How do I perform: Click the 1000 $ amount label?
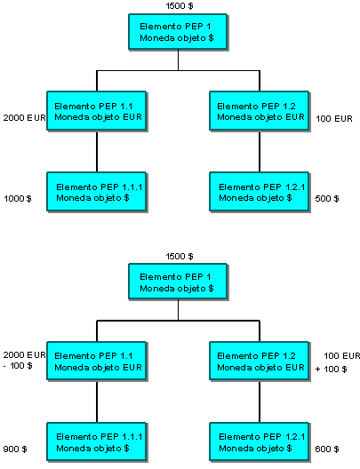(x=18, y=199)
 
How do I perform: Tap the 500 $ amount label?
(x=327, y=199)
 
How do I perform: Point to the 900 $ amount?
(x=15, y=449)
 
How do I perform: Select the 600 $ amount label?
(x=327, y=449)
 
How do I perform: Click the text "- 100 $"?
(x=18, y=365)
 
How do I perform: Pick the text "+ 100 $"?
(x=332, y=370)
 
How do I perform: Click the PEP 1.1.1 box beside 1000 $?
(x=97, y=192)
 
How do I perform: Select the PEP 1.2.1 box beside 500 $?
(x=260, y=192)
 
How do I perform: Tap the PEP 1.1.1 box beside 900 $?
(x=97, y=441)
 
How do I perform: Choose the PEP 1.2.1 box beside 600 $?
(x=260, y=441)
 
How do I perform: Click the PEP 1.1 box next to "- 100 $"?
(x=97, y=361)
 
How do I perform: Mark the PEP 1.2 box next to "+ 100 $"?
(x=260, y=361)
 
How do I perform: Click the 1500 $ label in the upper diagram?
(x=180, y=5)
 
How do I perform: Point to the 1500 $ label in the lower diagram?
(x=180, y=257)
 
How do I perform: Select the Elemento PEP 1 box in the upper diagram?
(x=178, y=32)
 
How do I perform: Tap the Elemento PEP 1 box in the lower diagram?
(x=178, y=282)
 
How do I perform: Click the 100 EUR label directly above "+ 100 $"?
(x=342, y=355)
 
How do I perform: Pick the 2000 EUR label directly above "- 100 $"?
(x=24, y=355)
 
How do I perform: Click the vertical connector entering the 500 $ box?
(x=260, y=151)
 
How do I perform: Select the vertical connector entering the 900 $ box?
(x=97, y=401)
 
